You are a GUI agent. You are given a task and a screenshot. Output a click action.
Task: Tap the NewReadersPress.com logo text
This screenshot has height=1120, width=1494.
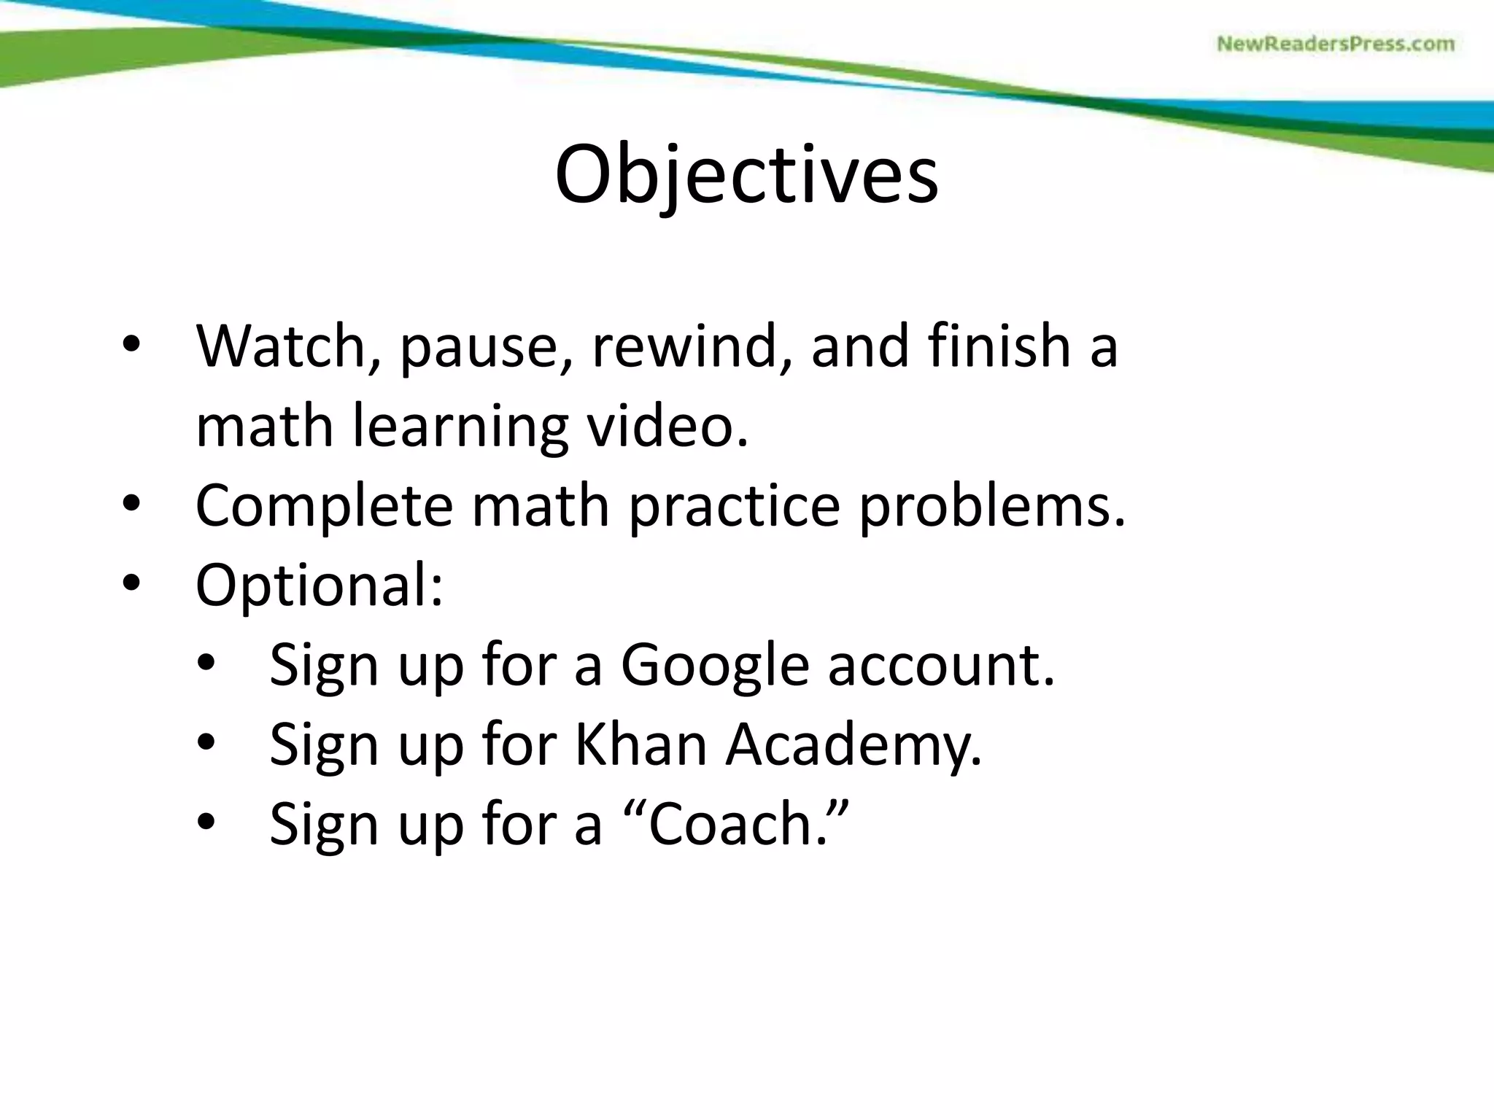1335,44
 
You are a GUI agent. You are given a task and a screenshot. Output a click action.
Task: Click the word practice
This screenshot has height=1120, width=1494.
734,506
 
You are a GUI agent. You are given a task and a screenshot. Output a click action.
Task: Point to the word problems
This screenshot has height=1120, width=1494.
991,506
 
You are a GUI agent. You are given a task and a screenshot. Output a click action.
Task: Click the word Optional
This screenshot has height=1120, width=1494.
319,586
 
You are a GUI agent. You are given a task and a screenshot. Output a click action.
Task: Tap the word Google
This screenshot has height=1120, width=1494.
714,666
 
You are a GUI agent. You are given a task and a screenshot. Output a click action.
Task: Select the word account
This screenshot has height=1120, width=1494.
940,666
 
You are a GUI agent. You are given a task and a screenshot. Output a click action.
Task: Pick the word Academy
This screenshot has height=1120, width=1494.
853,745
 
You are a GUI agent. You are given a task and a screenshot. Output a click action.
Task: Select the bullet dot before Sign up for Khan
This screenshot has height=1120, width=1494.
206,743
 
